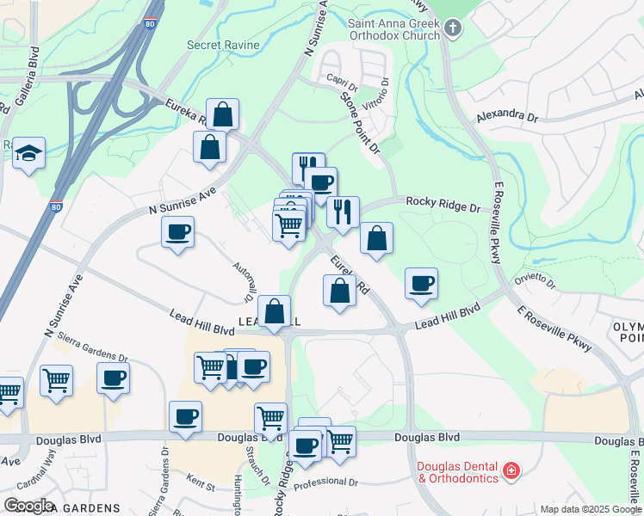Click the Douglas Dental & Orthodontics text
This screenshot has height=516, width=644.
coord(457,471)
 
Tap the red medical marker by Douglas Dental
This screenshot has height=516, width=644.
coord(511,471)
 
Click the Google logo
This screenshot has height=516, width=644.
coord(28,505)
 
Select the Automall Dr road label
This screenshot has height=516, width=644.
coord(242,279)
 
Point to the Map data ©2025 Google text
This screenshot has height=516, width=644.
coord(590,509)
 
